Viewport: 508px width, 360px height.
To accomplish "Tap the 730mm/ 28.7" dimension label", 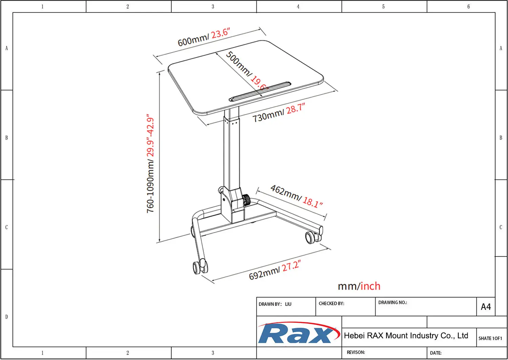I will [278, 113].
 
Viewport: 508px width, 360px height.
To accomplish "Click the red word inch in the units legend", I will [371, 286].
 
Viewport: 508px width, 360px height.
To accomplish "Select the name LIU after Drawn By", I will [288, 304].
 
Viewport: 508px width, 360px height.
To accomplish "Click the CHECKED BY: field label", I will [331, 304].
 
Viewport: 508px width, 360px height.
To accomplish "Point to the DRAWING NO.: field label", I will [393, 303].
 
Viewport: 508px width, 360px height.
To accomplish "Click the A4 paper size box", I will [486, 307].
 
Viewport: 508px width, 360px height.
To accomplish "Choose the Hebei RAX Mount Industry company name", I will [406, 336].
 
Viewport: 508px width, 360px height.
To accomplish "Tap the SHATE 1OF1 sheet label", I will [490, 338].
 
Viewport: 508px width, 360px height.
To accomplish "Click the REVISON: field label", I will [356, 353].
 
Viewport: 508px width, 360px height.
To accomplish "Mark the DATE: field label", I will [436, 353].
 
